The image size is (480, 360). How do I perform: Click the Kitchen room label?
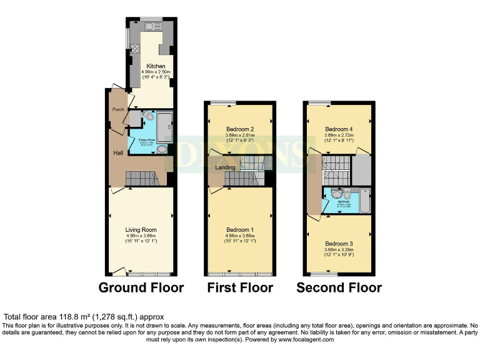155,66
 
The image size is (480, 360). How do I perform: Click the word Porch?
117,109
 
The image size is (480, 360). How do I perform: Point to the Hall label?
117,152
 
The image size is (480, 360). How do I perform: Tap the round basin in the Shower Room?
162,149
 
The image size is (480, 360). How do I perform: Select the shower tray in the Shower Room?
164,126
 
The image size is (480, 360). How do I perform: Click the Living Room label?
141,229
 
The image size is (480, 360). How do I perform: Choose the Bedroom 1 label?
240,229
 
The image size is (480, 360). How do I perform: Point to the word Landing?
225,167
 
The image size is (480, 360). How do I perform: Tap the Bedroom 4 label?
338,129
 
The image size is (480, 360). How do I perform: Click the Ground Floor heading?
141,287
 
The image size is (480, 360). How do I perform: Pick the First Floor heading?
240,287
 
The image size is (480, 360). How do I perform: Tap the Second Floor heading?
339,287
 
